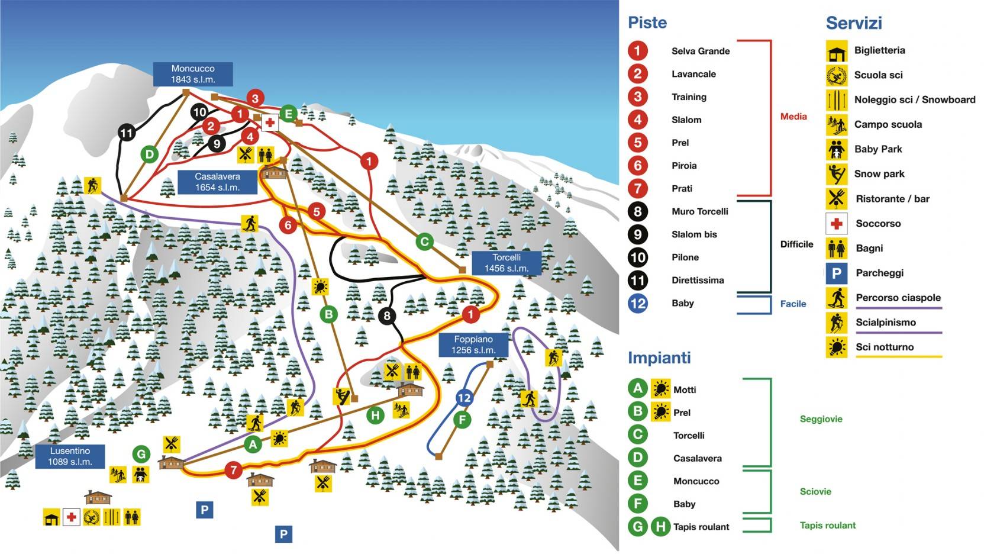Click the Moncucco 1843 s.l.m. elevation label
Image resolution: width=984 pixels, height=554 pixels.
[x=193, y=74]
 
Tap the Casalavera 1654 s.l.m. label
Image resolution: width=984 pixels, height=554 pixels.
[x=217, y=182]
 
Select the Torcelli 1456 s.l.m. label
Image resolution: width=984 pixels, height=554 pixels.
[x=506, y=263]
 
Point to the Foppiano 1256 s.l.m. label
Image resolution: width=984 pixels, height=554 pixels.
[x=473, y=344]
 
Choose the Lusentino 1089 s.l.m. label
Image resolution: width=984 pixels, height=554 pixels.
[x=70, y=456]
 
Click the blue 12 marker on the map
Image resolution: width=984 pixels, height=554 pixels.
[x=464, y=398]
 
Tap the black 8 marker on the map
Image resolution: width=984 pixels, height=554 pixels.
[x=387, y=315]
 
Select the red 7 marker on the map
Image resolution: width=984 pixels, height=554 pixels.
[x=234, y=470]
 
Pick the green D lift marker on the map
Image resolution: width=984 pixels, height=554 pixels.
[x=150, y=154]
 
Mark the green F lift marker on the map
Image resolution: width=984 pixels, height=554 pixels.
[x=462, y=420]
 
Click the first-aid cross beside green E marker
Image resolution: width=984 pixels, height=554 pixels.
[x=270, y=123]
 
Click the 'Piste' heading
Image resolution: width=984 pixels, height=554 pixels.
[x=647, y=22]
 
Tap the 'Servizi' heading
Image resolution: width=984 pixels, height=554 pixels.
[x=853, y=23]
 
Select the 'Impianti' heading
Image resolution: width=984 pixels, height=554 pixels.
[x=659, y=357]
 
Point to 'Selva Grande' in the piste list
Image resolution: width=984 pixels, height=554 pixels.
[x=701, y=51]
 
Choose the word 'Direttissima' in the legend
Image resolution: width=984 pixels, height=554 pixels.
[x=698, y=280]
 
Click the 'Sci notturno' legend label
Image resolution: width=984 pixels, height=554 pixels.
[x=885, y=347]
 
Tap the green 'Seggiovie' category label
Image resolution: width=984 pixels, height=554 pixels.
[x=821, y=419]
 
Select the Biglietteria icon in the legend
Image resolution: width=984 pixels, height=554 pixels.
[x=836, y=51]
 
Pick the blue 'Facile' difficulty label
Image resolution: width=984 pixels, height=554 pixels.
[x=793, y=304]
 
